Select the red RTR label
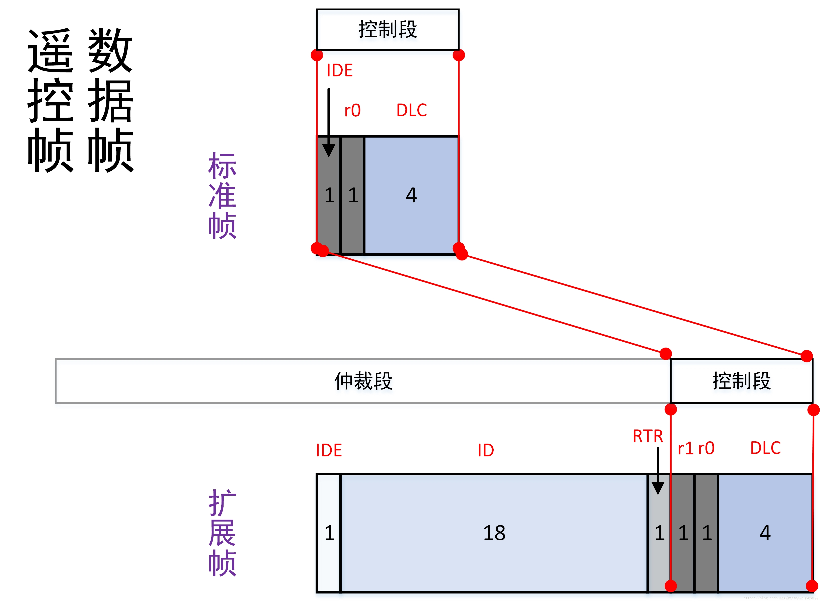[648, 436]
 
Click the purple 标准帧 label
[222, 196]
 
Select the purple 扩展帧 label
[222, 533]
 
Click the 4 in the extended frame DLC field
[765, 533]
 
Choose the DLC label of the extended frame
[765, 448]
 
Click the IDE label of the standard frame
[339, 70]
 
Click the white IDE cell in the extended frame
[329, 533]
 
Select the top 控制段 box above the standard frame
[388, 29]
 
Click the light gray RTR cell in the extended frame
[659, 533]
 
